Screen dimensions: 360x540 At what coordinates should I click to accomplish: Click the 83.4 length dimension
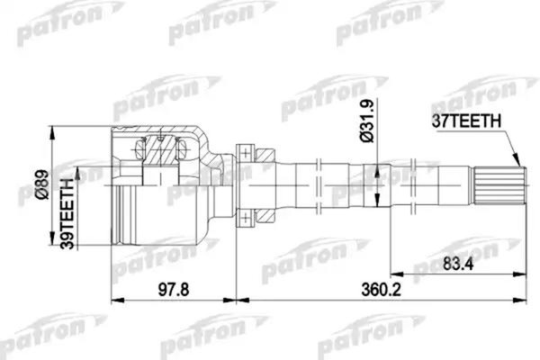[457, 263]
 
